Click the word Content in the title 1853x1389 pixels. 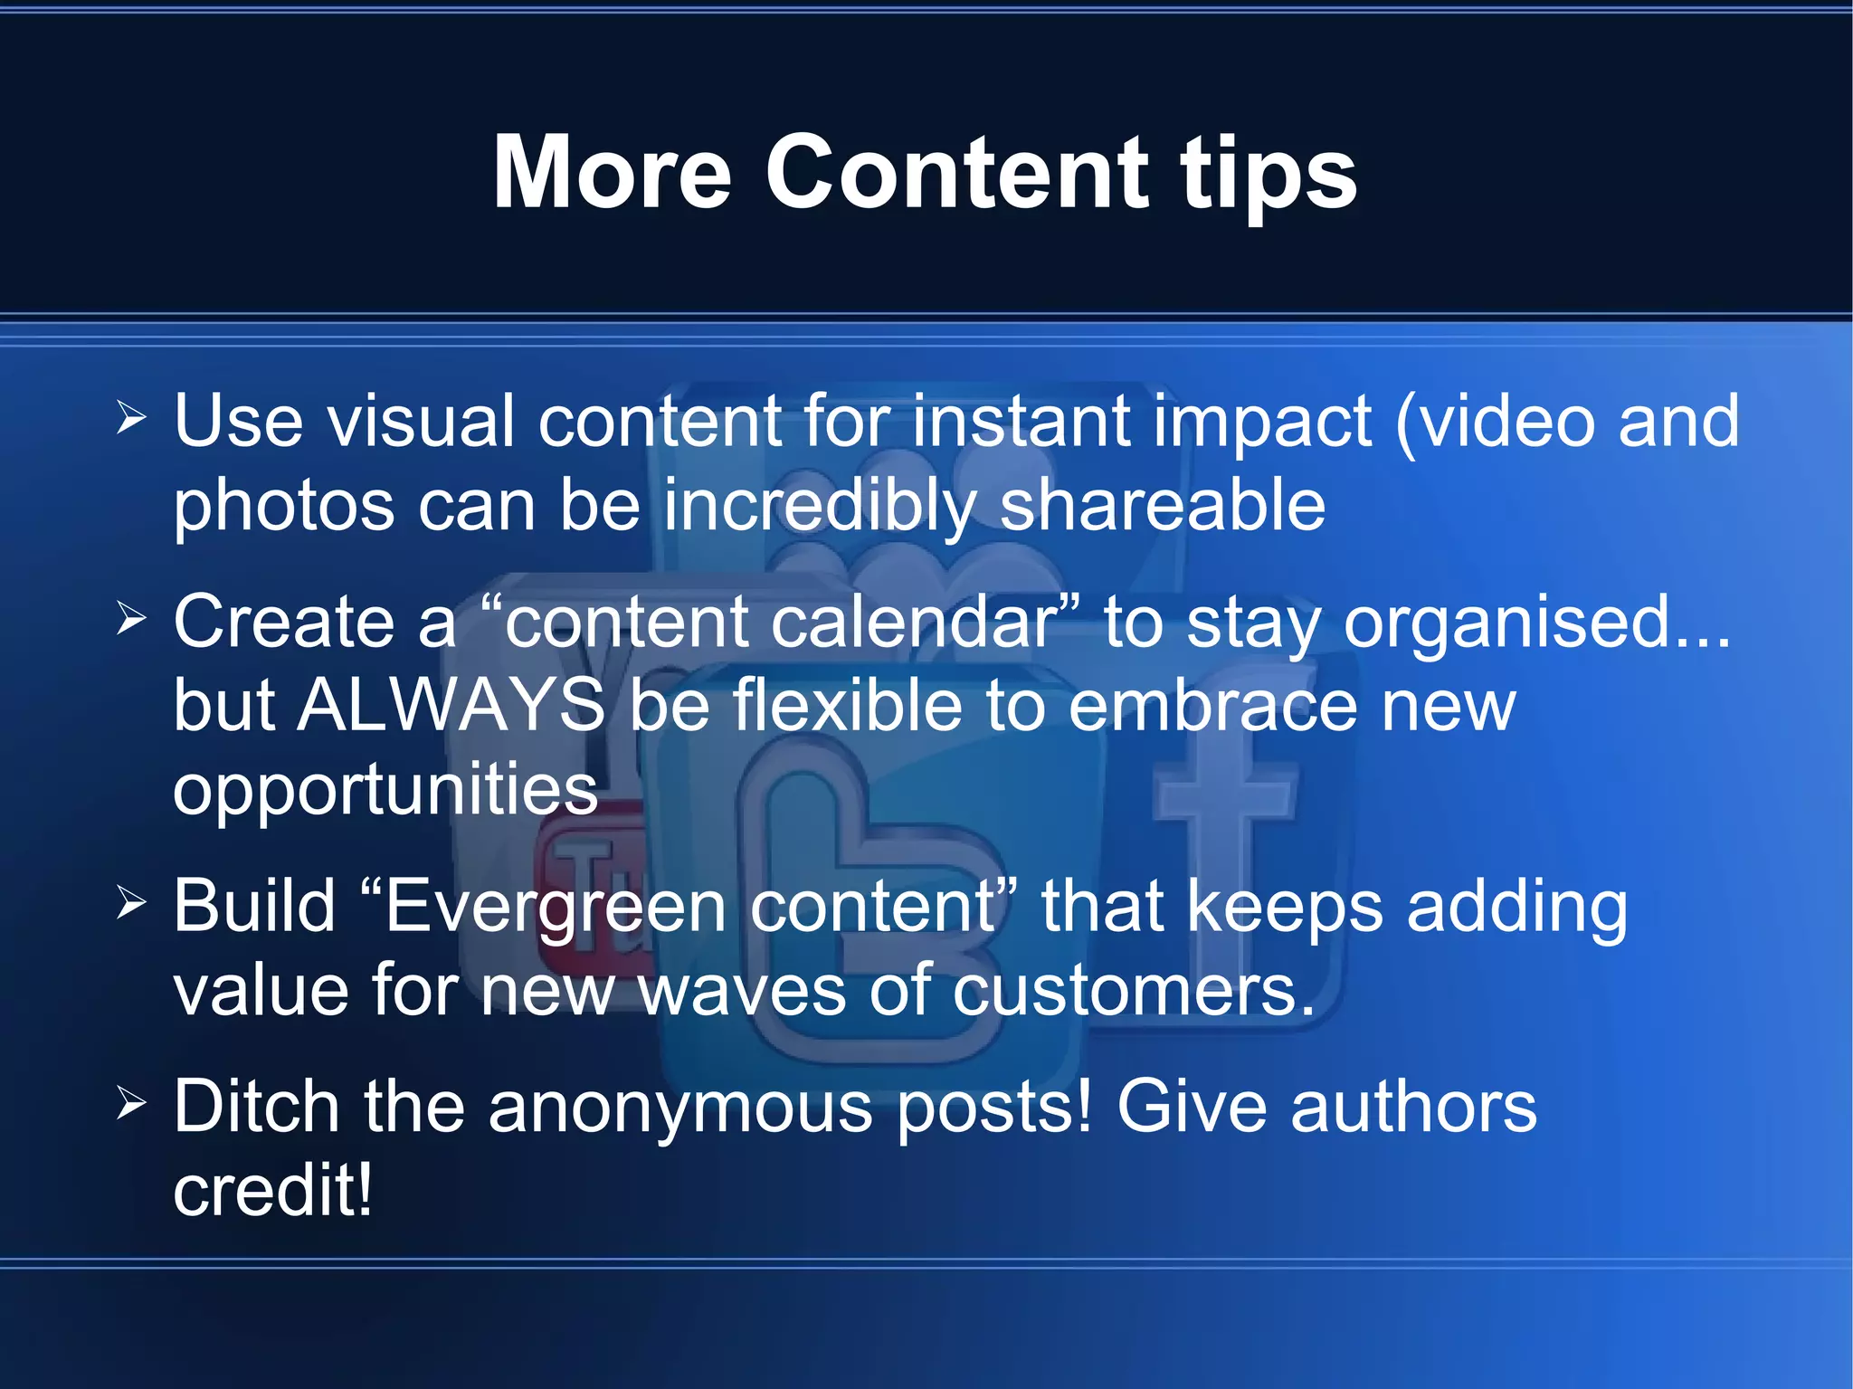click(x=957, y=172)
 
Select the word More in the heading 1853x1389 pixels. click(x=612, y=172)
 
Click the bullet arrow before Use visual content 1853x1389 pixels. click(x=131, y=418)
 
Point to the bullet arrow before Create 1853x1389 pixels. click(x=131, y=619)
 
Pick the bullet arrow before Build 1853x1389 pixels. click(x=131, y=902)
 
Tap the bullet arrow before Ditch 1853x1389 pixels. click(x=131, y=1103)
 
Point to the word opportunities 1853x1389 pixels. click(x=385, y=789)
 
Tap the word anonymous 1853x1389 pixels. click(x=680, y=1107)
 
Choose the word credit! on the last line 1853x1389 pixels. click(x=272, y=1190)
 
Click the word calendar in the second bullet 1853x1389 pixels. click(x=914, y=622)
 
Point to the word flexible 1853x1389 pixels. click(x=847, y=705)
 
